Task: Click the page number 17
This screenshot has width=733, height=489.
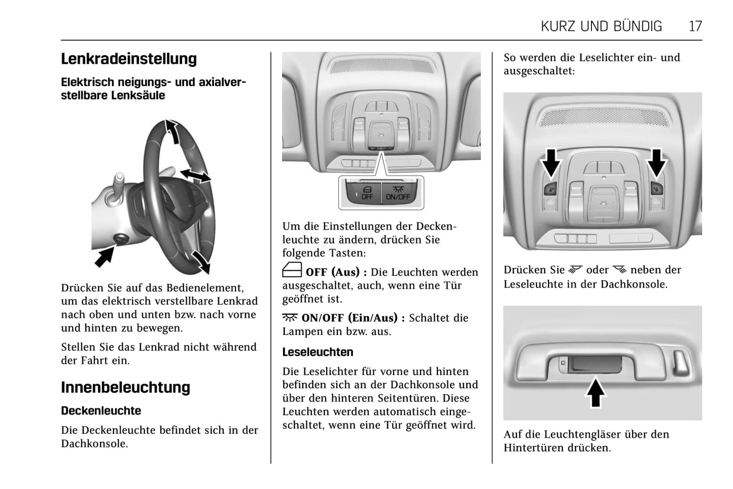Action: coord(695,26)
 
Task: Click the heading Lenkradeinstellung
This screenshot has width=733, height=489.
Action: coord(129,59)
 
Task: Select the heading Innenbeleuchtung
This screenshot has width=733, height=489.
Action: coord(125,387)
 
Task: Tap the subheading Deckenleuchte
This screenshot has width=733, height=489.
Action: coord(101,410)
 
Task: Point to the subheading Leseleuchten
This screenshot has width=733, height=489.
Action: coord(318,352)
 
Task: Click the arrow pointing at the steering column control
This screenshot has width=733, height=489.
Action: coord(104,256)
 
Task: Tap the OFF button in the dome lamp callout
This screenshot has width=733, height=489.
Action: coord(366,193)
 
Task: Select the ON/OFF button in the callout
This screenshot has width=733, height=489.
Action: coord(398,193)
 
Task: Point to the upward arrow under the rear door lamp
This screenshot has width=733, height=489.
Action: coord(596,393)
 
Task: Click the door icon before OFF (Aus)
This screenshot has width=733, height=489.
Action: coord(292,270)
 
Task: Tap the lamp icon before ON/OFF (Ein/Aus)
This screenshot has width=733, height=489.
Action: coord(290,318)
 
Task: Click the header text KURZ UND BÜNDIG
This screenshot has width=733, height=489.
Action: coord(601,26)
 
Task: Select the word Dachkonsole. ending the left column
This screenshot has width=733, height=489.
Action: coord(94,444)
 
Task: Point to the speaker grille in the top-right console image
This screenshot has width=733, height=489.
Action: coord(603,117)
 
